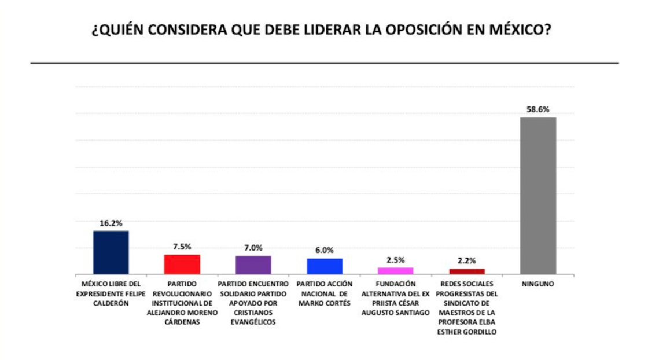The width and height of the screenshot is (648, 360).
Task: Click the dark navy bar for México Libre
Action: click(x=111, y=252)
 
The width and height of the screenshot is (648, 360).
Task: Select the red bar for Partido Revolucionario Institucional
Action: click(x=182, y=264)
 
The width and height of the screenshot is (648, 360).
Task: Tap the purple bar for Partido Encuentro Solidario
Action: click(x=253, y=265)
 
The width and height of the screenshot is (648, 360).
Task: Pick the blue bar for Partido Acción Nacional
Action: click(x=325, y=266)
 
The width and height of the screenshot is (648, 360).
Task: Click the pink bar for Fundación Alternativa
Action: click(x=396, y=270)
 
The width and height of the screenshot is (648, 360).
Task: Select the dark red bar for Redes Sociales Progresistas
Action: click(x=467, y=271)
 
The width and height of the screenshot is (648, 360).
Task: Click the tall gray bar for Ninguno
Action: click(x=538, y=196)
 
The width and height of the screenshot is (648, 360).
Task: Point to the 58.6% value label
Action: click(x=538, y=109)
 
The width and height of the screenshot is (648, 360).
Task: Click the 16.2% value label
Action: click(x=111, y=223)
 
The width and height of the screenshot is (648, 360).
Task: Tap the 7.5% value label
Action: click(x=182, y=247)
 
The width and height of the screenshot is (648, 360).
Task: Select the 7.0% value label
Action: click(x=253, y=248)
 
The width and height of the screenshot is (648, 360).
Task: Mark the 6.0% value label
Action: click(x=325, y=250)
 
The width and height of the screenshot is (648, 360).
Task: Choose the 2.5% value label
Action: click(x=396, y=260)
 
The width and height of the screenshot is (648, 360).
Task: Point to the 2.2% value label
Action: click(x=467, y=260)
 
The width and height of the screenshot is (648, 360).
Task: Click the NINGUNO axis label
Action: click(x=538, y=284)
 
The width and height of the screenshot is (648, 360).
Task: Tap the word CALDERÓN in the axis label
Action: click(x=111, y=303)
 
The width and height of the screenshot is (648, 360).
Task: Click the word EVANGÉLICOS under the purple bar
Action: click(x=253, y=322)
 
